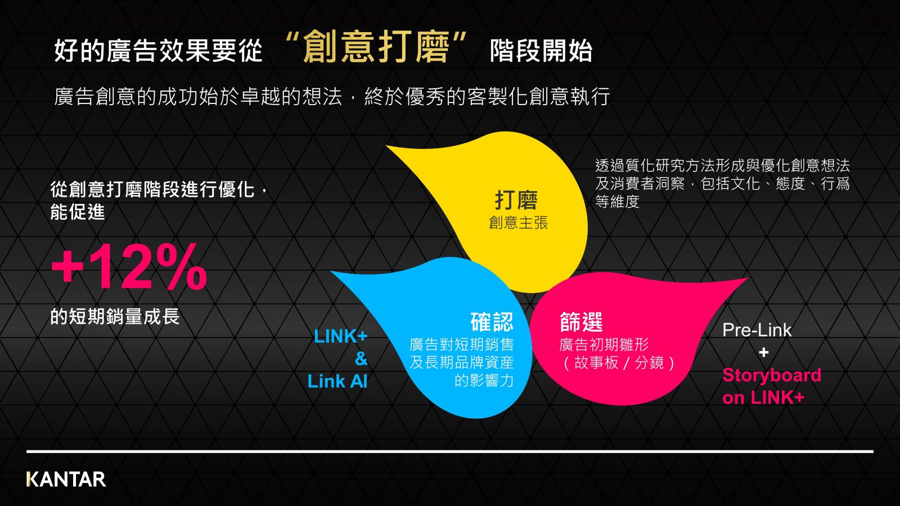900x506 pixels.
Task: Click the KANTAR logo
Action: [x=66, y=479]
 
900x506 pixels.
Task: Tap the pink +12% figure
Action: [x=129, y=266]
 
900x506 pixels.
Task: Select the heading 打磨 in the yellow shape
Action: [x=516, y=200]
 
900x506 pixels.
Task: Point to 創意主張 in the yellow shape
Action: [x=518, y=223]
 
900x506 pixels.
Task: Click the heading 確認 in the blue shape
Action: [x=492, y=322]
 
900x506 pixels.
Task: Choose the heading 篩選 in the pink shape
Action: [x=581, y=322]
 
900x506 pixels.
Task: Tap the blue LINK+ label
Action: [x=341, y=336]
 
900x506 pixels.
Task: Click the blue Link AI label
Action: [x=337, y=381]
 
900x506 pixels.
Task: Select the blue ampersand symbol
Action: [x=361, y=359]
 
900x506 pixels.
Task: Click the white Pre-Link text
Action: [x=757, y=330]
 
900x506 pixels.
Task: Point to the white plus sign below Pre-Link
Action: [x=764, y=353]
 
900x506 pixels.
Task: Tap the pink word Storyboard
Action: [x=772, y=375]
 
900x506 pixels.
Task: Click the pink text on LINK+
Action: [x=763, y=397]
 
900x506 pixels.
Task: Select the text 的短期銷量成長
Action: [x=115, y=317]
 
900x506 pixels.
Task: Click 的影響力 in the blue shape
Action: [x=484, y=380]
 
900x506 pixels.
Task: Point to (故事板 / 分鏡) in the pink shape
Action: [x=619, y=363]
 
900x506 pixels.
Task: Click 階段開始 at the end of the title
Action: [x=541, y=51]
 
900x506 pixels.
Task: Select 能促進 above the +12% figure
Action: [x=78, y=211]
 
